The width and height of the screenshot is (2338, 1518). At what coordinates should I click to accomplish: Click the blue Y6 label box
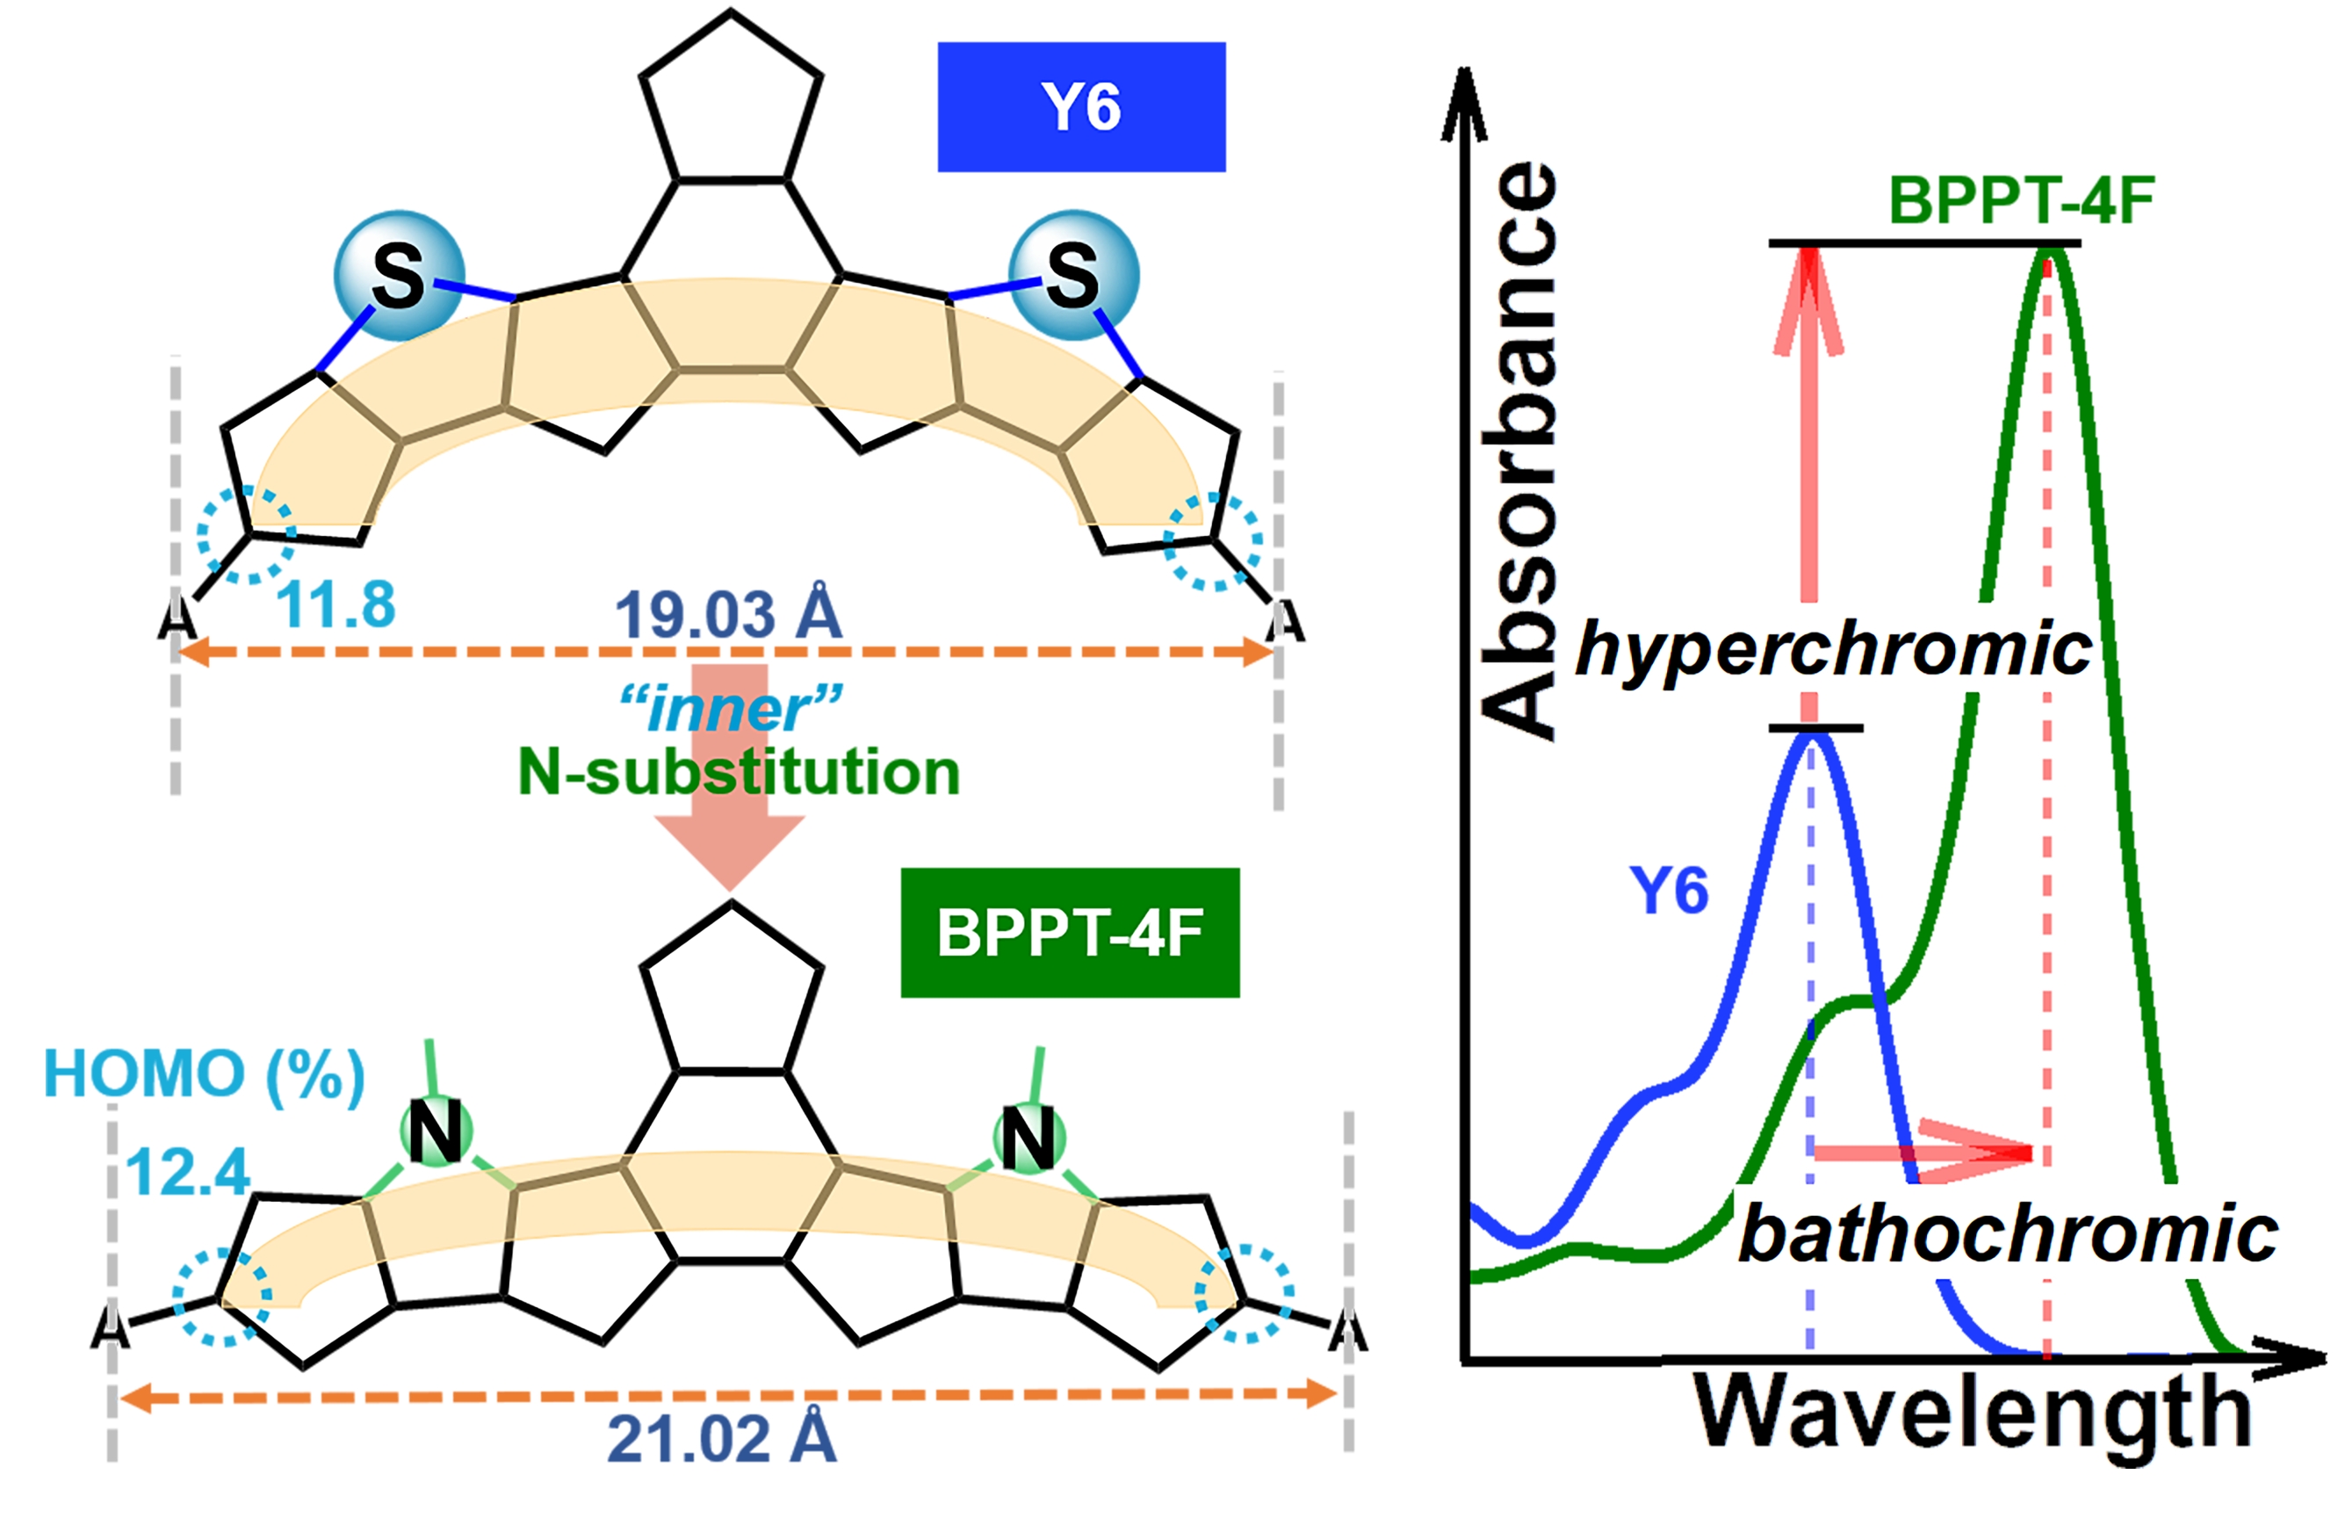tap(1080, 106)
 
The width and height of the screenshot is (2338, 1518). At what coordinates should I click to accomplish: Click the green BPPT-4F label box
tap(1069, 932)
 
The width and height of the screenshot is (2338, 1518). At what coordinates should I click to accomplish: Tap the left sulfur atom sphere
tap(398, 275)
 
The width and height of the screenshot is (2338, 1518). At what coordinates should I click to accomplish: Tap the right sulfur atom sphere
tap(1074, 275)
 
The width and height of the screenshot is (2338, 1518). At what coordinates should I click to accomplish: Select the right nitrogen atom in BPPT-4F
tap(1028, 1138)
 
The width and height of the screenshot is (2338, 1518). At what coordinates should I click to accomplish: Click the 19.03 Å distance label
tap(728, 614)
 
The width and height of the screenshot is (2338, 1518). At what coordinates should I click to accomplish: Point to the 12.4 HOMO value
tap(187, 1171)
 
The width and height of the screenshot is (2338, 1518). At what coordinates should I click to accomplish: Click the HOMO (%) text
tap(205, 1073)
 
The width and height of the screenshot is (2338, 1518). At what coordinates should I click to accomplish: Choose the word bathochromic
tap(2008, 1234)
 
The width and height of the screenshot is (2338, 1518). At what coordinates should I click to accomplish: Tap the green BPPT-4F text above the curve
tap(2022, 200)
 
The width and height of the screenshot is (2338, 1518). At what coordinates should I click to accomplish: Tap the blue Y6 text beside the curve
tap(1669, 890)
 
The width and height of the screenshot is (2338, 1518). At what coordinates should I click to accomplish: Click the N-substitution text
tap(738, 771)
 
